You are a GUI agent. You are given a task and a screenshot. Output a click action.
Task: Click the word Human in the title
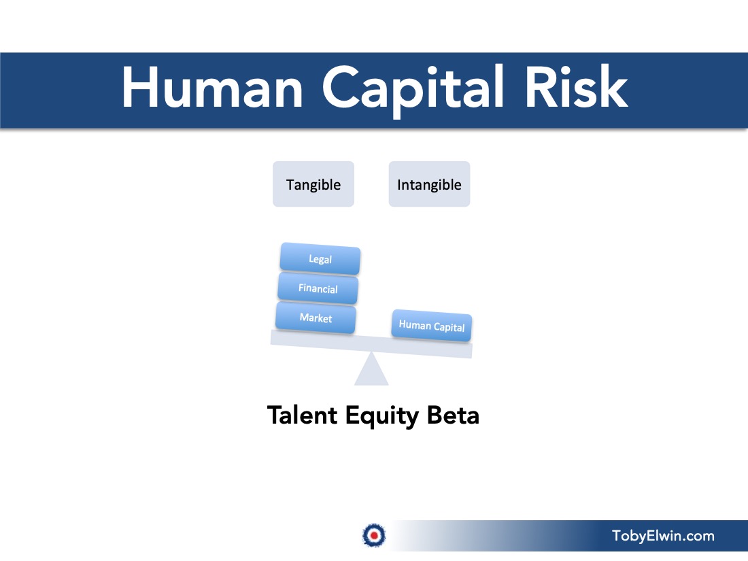coord(213,87)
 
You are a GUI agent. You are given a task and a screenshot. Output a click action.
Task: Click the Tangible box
coord(313,184)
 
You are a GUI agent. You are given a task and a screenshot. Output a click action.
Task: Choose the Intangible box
coord(429,184)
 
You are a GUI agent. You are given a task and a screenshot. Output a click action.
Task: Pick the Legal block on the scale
coord(320,259)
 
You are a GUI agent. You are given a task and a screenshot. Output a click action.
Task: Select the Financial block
coord(318,288)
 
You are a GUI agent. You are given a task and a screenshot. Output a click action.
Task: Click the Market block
coord(316,318)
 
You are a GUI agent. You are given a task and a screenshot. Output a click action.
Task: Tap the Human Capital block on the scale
coord(432,326)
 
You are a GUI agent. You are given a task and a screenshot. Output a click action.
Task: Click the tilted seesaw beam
coord(371,344)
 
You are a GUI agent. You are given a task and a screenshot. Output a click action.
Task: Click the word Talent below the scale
coord(303,415)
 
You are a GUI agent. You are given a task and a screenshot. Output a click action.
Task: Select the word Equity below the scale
coord(382,416)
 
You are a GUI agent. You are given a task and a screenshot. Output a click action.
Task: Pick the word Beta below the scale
coord(453,415)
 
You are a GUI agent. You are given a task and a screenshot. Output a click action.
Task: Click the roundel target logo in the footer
coord(374,535)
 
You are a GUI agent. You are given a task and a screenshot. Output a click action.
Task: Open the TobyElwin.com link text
coord(663,536)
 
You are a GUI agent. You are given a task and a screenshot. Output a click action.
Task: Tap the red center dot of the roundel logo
coord(374,535)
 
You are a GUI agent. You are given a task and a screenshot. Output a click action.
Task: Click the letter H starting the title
coord(139,87)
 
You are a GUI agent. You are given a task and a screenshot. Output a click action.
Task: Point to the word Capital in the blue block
coord(448,327)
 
